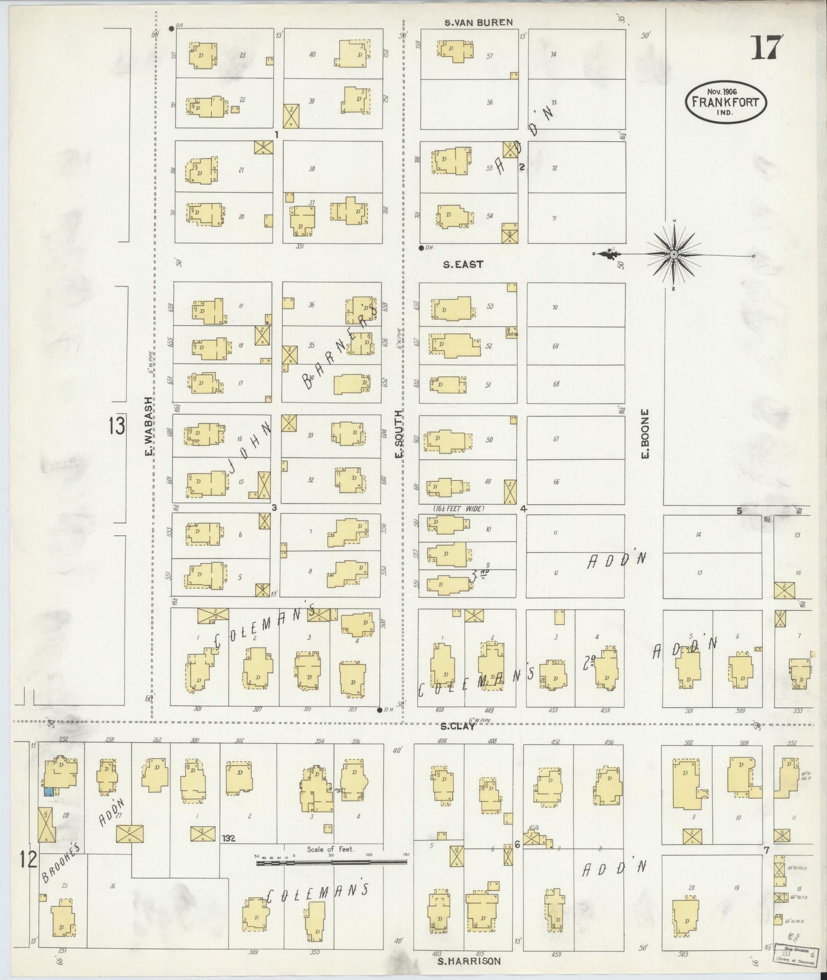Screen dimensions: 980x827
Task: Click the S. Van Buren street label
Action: (479, 22)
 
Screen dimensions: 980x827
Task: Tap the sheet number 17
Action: (765, 47)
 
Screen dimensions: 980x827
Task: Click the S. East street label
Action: (464, 264)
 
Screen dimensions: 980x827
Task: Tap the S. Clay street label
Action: (458, 726)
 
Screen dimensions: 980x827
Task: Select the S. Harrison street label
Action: (469, 961)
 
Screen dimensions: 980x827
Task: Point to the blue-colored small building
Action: (49, 791)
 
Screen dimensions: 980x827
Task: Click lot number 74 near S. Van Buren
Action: (553, 55)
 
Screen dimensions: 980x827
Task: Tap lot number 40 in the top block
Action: (312, 55)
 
